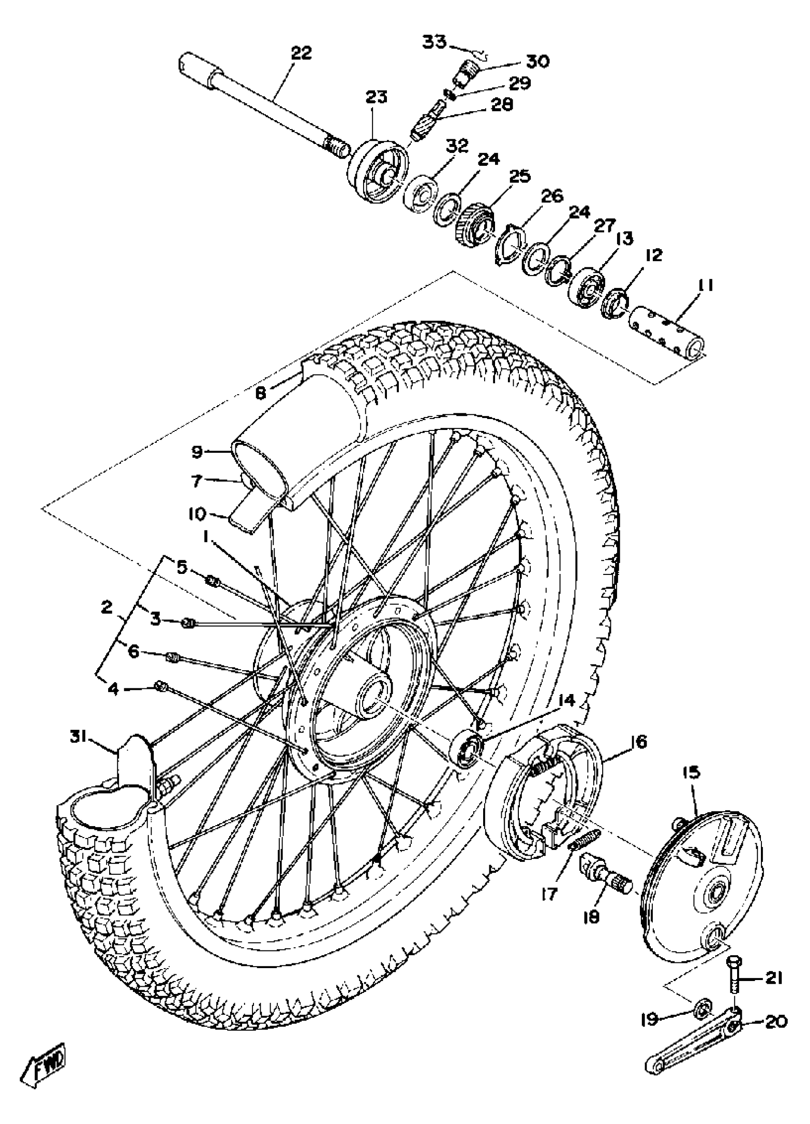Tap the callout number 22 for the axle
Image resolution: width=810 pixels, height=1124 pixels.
click(x=301, y=53)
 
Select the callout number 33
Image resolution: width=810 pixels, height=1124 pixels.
click(x=434, y=41)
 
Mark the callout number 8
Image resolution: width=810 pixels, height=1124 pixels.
click(x=261, y=393)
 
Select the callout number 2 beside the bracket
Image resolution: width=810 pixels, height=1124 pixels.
click(x=106, y=608)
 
